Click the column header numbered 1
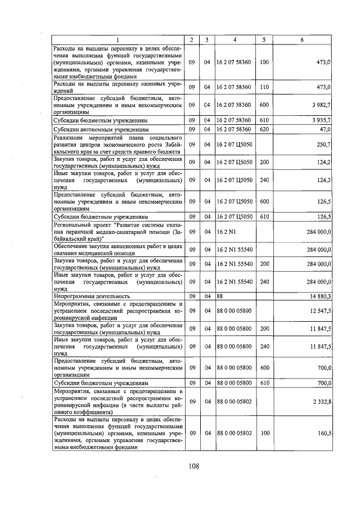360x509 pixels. tap(118, 39)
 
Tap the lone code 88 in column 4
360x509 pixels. tap(220, 295)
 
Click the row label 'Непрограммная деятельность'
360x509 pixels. tap(92, 295)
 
